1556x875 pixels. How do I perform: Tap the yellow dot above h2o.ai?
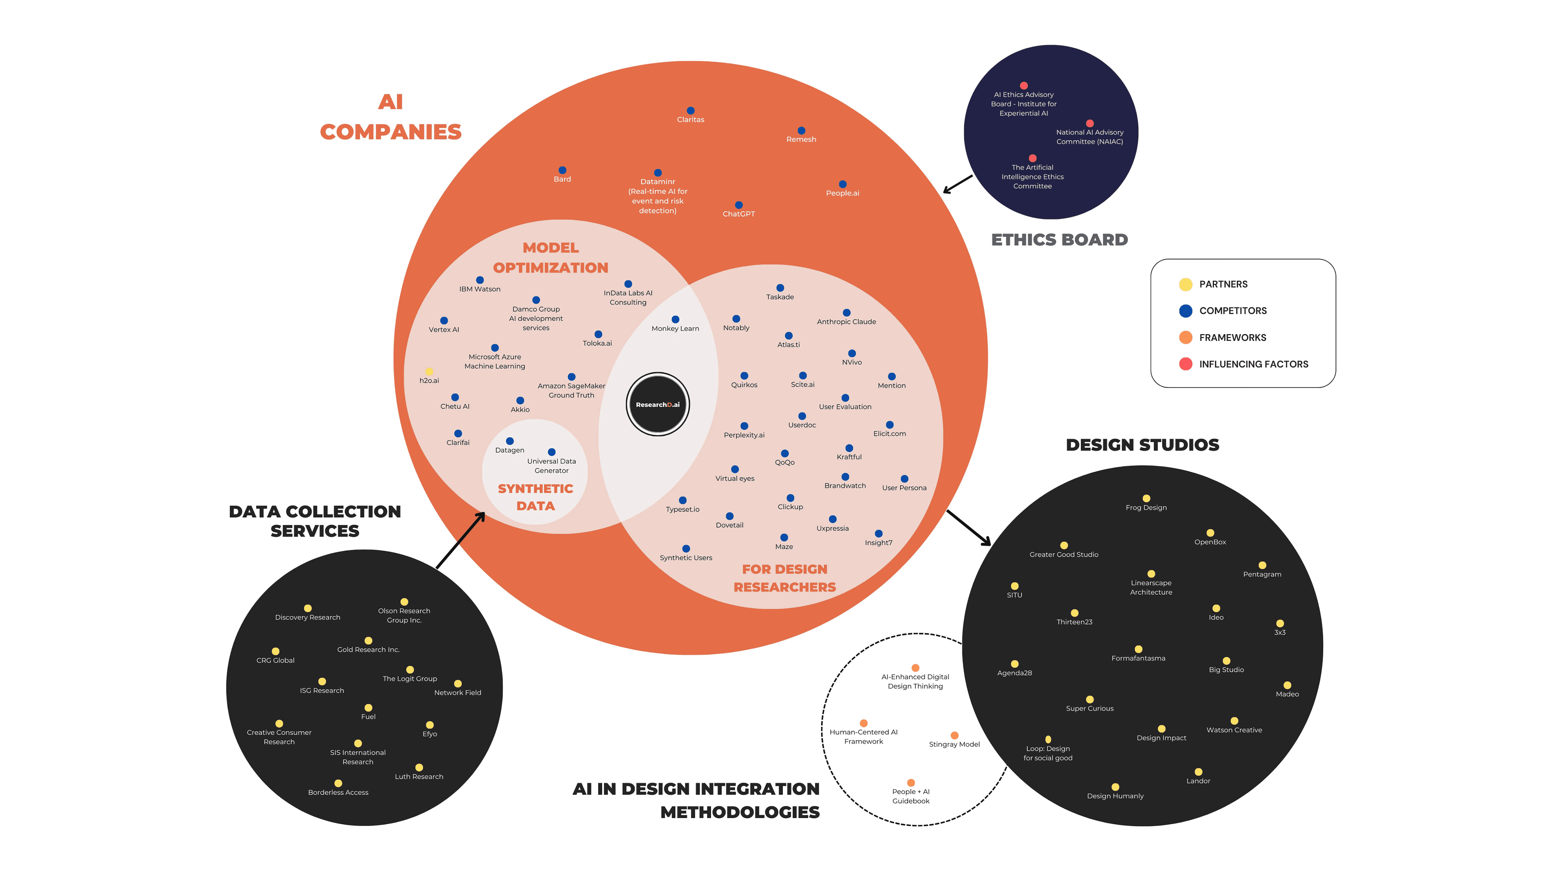coord(429,371)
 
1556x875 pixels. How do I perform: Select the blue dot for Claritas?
coord(690,110)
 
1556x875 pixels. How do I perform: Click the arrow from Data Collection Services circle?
coord(460,540)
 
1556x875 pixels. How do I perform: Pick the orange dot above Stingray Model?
coord(954,735)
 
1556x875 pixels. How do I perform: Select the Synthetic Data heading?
coord(535,497)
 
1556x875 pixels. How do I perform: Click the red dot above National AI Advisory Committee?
coord(1090,123)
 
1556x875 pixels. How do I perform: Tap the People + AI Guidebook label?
coord(911,796)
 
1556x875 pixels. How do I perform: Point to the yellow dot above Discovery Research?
coord(307,608)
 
